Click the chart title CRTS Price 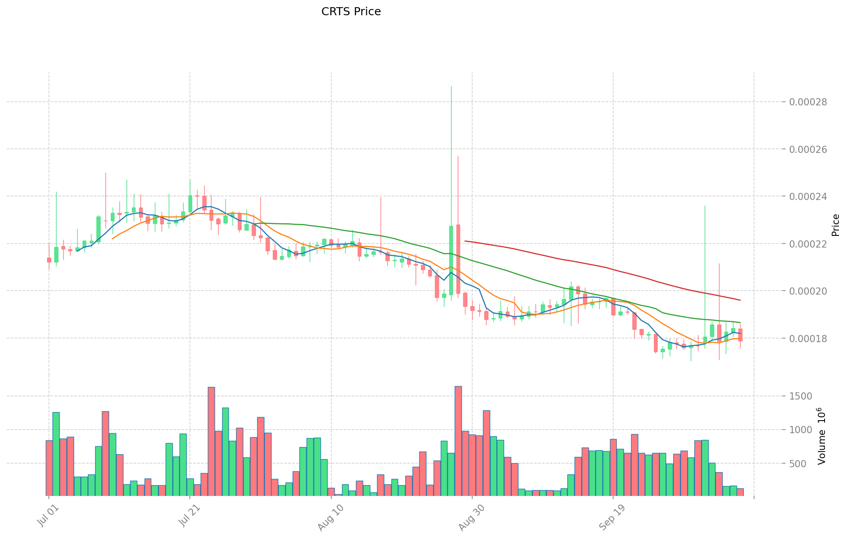click(x=351, y=12)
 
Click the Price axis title click(x=835, y=225)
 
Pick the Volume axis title click(x=822, y=436)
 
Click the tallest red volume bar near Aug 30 click(x=458, y=441)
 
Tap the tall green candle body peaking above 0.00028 click(x=451, y=260)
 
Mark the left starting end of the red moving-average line click(x=465, y=241)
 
